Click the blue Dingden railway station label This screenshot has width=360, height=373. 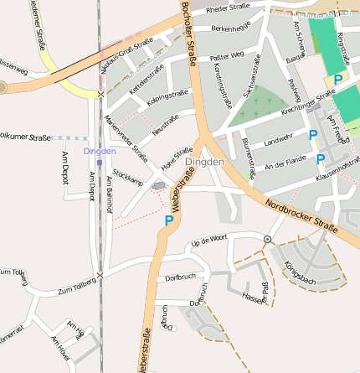click(x=99, y=151)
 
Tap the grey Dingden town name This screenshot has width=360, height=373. click(x=204, y=161)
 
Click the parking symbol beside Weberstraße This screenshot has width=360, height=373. click(x=169, y=220)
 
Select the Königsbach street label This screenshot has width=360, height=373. click(x=299, y=272)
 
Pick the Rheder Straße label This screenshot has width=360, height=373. click(x=228, y=9)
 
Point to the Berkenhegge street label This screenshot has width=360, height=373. click(x=230, y=28)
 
